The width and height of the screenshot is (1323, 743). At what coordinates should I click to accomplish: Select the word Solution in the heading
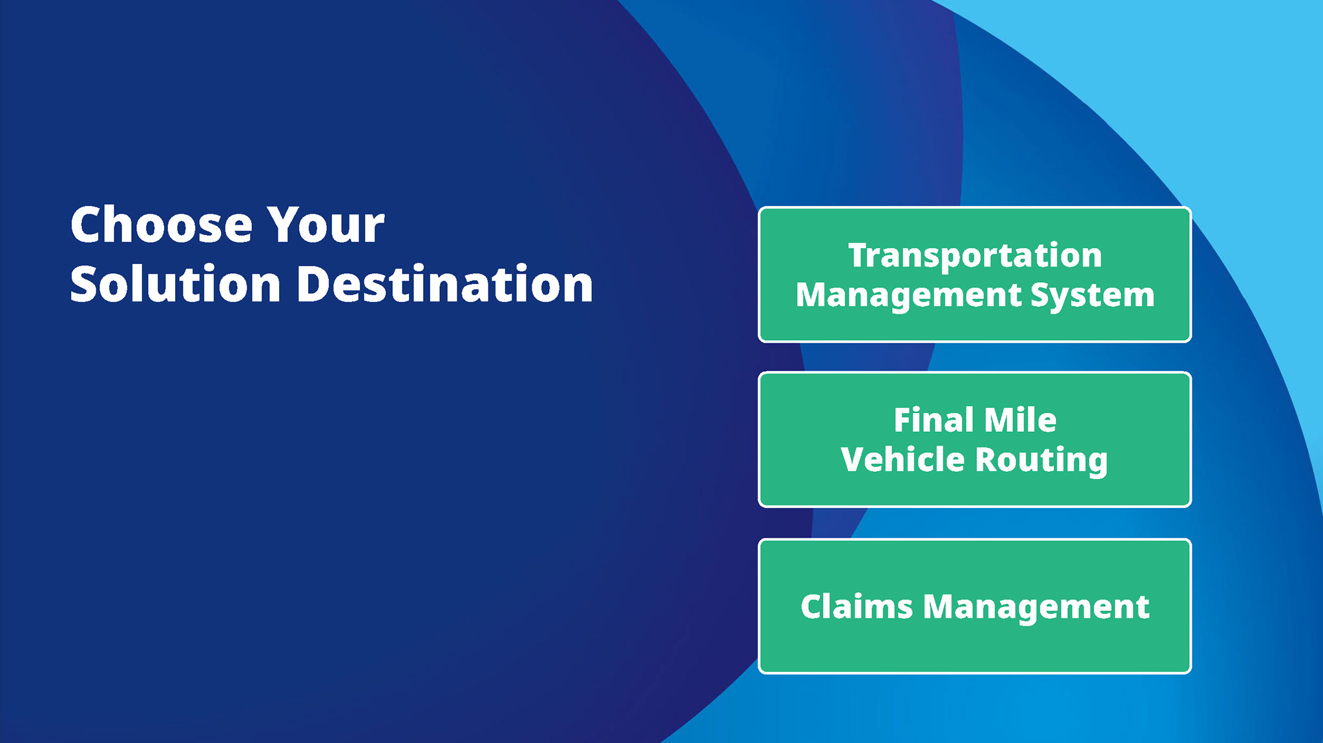(x=176, y=283)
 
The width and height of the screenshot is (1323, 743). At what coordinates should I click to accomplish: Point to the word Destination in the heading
(x=444, y=283)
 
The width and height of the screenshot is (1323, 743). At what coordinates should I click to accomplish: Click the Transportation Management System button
(x=975, y=274)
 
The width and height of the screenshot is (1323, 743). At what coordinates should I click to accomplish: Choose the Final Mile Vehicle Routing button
(x=975, y=439)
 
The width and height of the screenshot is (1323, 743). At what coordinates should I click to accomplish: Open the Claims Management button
(x=975, y=606)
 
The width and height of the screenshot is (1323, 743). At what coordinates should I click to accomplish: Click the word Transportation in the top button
(x=975, y=256)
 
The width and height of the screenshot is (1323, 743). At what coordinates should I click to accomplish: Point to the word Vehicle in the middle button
(x=903, y=460)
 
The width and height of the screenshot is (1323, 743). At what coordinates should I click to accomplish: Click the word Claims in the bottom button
(x=857, y=607)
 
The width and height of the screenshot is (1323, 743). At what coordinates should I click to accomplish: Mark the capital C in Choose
(x=87, y=225)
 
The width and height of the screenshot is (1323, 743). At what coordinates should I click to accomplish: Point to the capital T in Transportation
(x=860, y=255)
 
